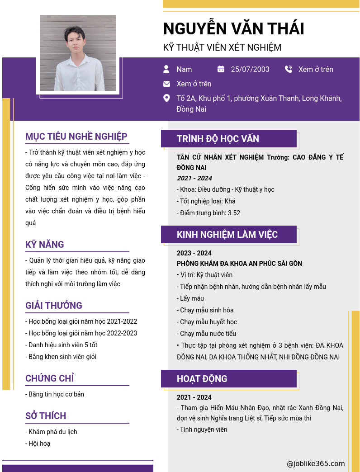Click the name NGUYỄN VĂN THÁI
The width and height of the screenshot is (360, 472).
click(x=233, y=29)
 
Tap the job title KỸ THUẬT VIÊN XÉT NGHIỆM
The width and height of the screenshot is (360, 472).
click(x=222, y=47)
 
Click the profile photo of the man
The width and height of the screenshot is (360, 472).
click(x=78, y=53)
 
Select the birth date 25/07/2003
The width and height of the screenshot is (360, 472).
click(x=250, y=69)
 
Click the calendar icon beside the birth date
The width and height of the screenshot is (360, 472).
click(x=221, y=69)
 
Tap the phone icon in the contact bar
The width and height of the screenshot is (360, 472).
click(x=289, y=69)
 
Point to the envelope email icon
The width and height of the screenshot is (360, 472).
click(x=166, y=84)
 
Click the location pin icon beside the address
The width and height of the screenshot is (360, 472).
click(x=166, y=98)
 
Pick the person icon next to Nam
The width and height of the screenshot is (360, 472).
click(x=166, y=69)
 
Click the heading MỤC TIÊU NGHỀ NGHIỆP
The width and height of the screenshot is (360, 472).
click(x=76, y=137)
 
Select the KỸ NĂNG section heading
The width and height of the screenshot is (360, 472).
click(x=45, y=245)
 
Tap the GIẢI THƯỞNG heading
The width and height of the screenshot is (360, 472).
click(x=54, y=306)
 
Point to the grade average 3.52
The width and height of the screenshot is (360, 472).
click(x=234, y=213)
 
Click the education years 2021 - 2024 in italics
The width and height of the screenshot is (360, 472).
click(x=194, y=178)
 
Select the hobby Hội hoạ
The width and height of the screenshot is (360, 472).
click(x=39, y=444)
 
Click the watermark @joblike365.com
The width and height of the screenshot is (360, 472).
click(x=316, y=463)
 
